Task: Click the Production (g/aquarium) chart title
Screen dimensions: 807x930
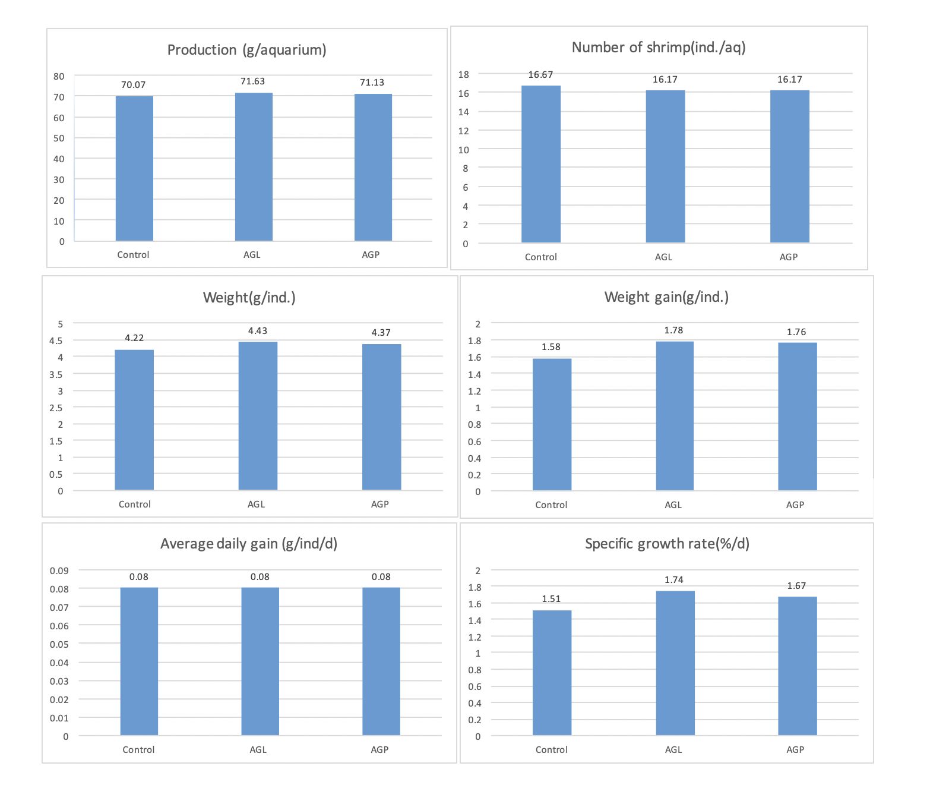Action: pos(246,50)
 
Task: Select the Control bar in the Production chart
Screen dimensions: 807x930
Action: pos(134,168)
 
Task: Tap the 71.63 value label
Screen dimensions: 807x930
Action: pos(252,81)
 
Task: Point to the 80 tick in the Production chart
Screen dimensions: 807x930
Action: pos(59,76)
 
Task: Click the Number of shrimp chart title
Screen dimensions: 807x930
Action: pos(659,48)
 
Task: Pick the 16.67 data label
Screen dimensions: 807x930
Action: pos(540,75)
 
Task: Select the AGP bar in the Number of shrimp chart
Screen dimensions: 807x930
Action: pos(789,166)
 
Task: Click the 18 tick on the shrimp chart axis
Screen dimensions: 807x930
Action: pos(463,74)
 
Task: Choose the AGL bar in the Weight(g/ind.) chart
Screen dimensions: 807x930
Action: pos(258,415)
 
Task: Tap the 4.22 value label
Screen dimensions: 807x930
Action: pos(134,338)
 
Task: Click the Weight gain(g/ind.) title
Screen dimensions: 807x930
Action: pos(666,297)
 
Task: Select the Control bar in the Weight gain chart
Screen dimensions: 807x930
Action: pos(552,424)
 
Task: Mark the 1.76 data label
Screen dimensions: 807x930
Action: pos(796,332)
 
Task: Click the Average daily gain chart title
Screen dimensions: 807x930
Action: pos(249,544)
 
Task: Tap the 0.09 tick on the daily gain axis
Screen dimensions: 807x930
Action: pos(59,570)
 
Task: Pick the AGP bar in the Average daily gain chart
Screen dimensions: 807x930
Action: pos(381,661)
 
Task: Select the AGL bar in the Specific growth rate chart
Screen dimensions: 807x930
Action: pos(675,663)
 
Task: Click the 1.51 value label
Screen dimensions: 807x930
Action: pos(551,599)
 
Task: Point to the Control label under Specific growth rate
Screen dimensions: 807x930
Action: pos(551,750)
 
